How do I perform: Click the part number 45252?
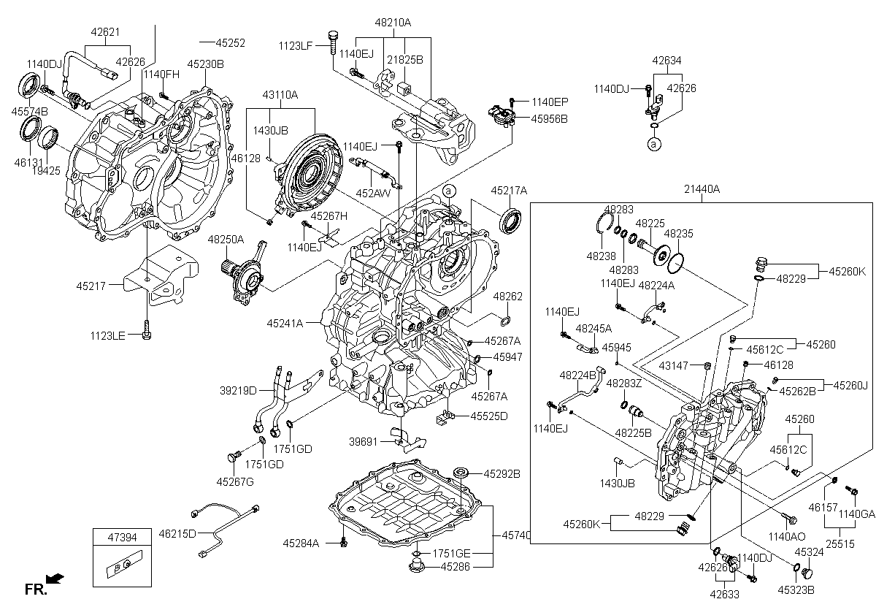[x=231, y=43]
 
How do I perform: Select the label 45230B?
[x=206, y=64]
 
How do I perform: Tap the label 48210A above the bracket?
[x=393, y=23]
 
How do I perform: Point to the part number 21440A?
[x=702, y=189]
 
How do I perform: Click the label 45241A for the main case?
[x=285, y=324]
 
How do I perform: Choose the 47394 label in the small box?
[x=122, y=538]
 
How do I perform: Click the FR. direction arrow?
[x=55, y=578]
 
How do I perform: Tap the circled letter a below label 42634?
[x=654, y=145]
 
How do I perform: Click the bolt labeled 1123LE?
[x=147, y=330]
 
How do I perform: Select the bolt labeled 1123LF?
[x=332, y=42]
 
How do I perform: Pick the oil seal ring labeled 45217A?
[x=511, y=221]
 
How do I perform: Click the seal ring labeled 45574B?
[x=30, y=83]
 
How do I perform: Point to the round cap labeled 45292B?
[x=461, y=473]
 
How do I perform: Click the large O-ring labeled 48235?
[x=676, y=263]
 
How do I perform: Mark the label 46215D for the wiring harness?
[x=177, y=534]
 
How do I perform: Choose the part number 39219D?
[x=238, y=391]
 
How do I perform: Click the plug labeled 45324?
[x=807, y=573]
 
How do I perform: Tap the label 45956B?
[x=549, y=119]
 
